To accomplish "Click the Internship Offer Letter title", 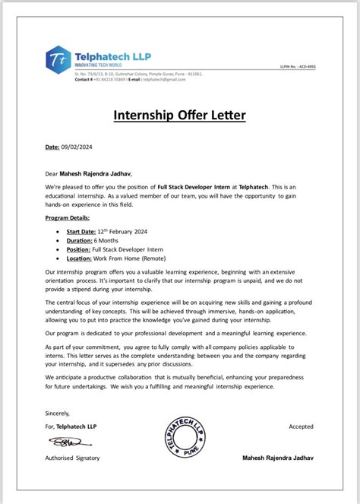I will click(179, 115).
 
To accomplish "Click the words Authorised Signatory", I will click(72, 458).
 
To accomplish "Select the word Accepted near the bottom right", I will click(301, 426).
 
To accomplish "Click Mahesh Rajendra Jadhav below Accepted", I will click(277, 458).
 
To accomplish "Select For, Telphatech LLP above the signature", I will click(71, 426).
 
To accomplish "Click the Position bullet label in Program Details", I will click(79, 249).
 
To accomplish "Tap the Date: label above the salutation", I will click(52, 146).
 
